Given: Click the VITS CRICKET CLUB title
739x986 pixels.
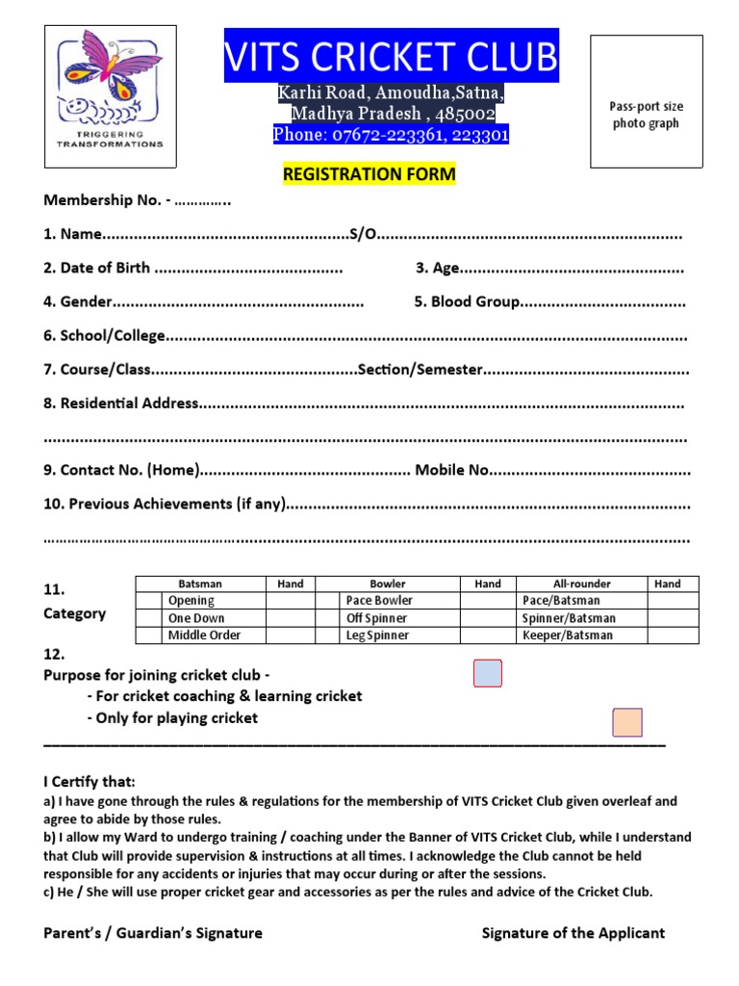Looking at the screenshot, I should coord(391,58).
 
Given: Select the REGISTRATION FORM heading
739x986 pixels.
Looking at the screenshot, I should coord(369,174).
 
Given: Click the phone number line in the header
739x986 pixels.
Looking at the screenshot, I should coord(391,135).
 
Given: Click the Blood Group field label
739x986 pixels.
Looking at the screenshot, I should coord(468,302).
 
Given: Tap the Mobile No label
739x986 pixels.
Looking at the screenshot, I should coord(452,470).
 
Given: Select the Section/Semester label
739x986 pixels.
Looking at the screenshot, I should coord(420,370).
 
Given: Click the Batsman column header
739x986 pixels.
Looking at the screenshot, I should coord(200,584).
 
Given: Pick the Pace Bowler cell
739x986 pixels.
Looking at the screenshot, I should coord(379,601).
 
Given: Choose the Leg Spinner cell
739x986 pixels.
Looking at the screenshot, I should coord(377,636).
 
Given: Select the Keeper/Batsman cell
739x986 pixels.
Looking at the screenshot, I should coord(567,636).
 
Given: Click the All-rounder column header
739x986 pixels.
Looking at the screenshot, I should coord(581,584).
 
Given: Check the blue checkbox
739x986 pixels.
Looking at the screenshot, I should coord(488,674).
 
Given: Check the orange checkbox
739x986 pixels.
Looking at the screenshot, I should coord(627,722).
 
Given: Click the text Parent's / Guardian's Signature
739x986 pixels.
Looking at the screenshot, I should coord(153,933).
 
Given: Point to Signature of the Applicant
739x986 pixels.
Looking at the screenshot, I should coord(573,933).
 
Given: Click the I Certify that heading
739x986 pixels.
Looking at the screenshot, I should coord(89,781).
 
